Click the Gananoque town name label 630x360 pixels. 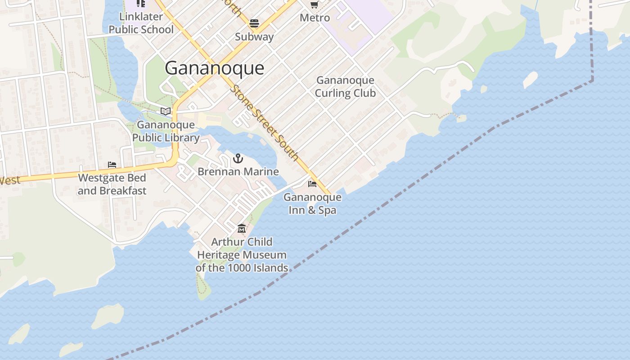point(214,68)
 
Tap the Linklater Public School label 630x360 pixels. point(141,23)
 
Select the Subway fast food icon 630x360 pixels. point(254,23)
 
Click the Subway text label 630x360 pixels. point(254,37)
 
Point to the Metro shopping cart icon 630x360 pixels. point(315,4)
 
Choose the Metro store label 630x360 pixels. point(315,18)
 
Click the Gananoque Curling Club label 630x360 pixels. point(345,87)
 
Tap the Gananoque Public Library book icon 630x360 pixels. point(166,111)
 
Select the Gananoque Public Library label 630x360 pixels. point(166,131)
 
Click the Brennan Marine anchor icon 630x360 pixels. point(238,158)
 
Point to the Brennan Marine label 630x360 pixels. point(238,172)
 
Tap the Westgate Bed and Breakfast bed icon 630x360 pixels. point(112,165)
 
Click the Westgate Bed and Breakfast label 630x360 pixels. point(112,184)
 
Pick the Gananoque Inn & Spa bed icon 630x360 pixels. point(312,184)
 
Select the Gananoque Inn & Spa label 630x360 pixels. point(312,204)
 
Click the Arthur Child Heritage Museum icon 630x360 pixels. point(242,229)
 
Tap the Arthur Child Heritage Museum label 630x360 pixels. point(242,255)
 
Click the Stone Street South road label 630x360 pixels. point(264,122)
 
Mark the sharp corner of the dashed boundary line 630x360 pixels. point(592,81)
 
